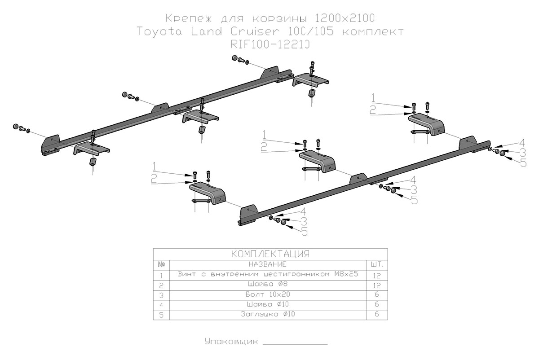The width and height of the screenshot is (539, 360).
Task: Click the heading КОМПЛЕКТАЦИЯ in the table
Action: click(270, 254)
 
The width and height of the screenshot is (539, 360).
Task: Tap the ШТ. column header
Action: click(377, 264)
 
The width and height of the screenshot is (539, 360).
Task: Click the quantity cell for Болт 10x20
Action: click(377, 294)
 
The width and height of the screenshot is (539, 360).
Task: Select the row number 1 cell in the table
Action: click(161, 275)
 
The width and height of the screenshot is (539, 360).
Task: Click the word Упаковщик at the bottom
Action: click(231, 342)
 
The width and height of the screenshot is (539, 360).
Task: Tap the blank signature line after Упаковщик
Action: click(295, 343)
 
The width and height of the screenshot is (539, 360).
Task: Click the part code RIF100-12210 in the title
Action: click(271, 44)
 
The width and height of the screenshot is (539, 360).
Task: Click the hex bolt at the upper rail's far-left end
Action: click(18, 127)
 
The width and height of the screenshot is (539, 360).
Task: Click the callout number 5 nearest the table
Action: click(304, 232)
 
